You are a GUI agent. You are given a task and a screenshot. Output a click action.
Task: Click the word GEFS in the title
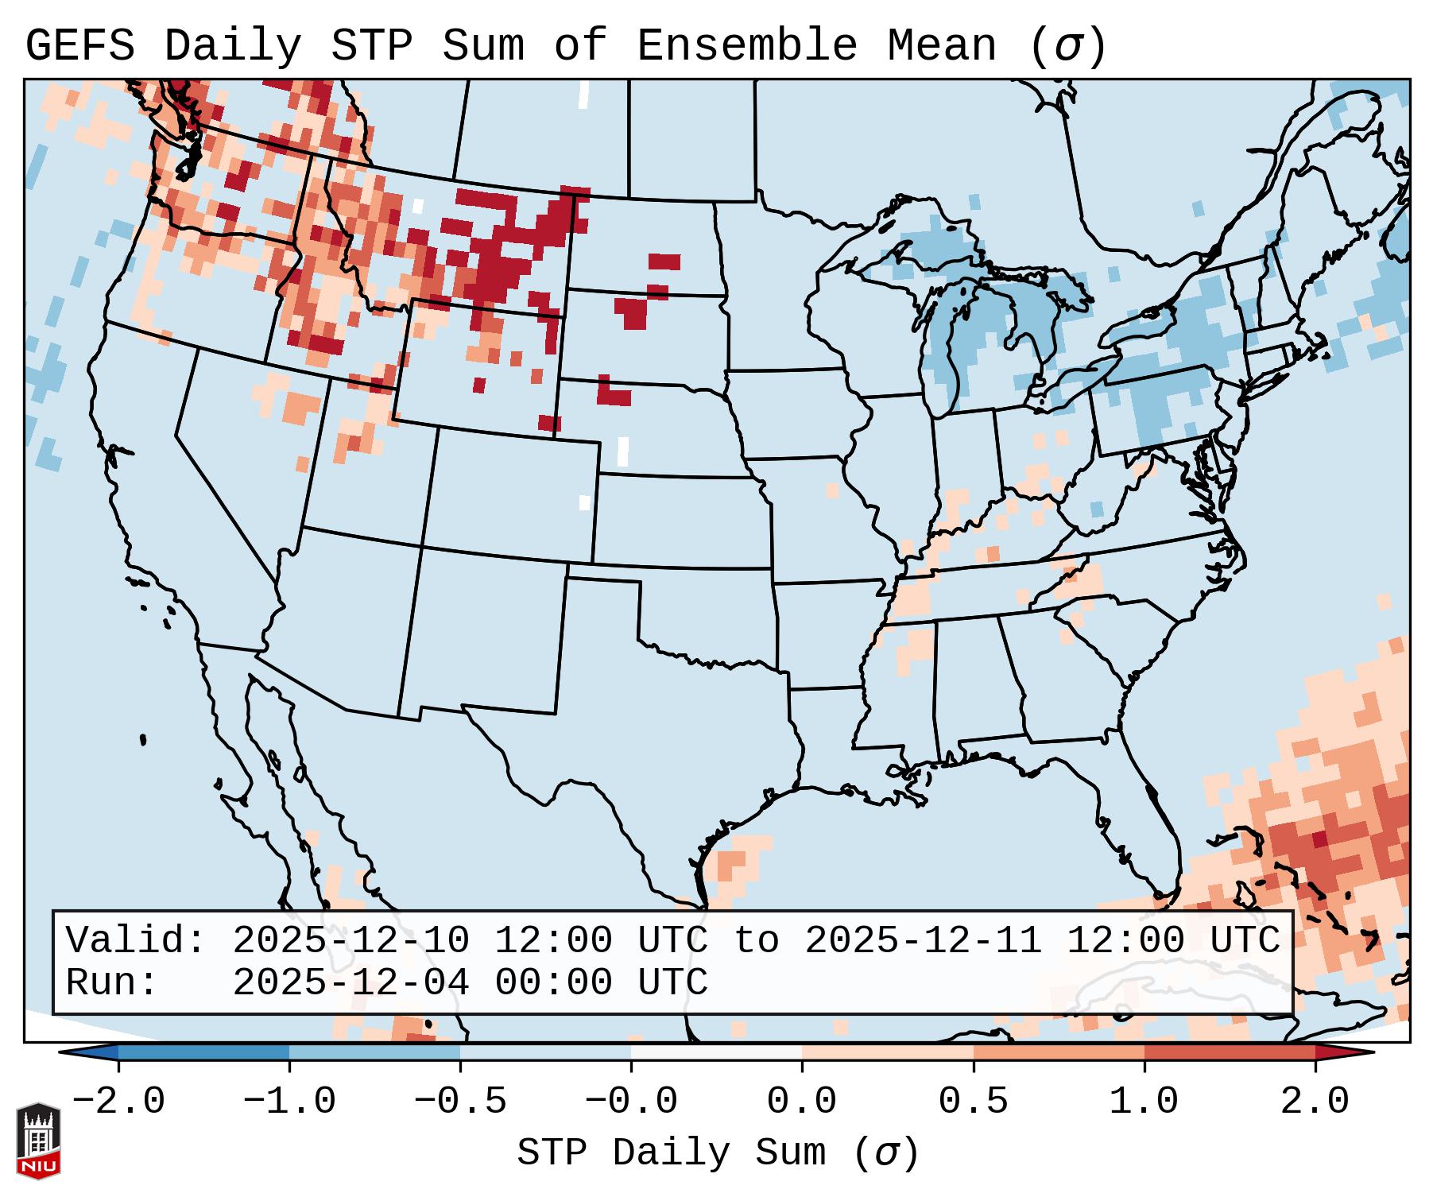click(79, 46)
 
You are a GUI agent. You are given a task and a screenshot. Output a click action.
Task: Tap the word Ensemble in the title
click(746, 46)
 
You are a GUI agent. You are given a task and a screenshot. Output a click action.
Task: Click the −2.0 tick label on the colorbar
click(118, 1102)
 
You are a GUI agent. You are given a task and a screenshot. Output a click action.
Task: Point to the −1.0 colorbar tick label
click(289, 1102)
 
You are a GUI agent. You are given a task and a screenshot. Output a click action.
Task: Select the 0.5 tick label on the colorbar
click(973, 1102)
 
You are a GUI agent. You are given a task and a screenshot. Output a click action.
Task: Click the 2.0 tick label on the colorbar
click(1315, 1102)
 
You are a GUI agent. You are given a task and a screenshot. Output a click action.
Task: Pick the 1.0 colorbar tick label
click(1144, 1102)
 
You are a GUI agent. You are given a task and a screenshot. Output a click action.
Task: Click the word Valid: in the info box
click(136, 941)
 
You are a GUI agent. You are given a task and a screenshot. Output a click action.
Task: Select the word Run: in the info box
click(112, 983)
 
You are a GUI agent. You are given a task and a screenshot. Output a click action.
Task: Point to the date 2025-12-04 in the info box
click(351, 983)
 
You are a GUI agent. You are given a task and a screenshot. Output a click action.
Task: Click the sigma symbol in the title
click(1068, 46)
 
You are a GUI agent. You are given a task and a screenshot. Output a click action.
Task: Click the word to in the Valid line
click(756, 941)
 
